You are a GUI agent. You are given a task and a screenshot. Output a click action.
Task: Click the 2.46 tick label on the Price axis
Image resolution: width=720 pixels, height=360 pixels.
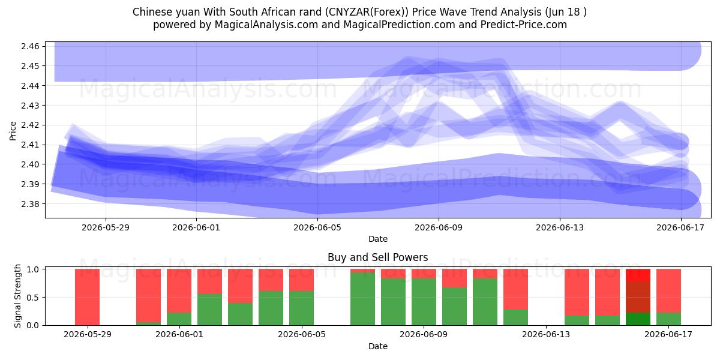(30, 46)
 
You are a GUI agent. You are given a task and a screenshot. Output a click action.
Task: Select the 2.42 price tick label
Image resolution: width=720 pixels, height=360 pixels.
(30, 125)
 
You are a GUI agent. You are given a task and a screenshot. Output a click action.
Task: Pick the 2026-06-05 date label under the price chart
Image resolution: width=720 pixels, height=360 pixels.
(317, 227)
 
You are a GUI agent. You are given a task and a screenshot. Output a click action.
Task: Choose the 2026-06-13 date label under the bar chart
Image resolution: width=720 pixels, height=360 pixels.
(546, 335)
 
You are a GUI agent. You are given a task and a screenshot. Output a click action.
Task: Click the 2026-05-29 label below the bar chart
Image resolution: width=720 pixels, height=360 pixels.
(88, 335)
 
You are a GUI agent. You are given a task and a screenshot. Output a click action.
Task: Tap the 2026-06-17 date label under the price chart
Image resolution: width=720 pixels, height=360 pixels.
(680, 227)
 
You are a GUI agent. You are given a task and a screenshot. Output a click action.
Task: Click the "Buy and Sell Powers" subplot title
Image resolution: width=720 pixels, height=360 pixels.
(377, 257)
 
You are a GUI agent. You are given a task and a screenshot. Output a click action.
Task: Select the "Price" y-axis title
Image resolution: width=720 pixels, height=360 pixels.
(13, 131)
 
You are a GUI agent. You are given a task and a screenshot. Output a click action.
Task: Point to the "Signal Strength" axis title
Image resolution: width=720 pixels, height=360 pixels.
(17, 296)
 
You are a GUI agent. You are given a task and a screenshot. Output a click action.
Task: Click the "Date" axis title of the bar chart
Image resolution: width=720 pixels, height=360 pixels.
(377, 346)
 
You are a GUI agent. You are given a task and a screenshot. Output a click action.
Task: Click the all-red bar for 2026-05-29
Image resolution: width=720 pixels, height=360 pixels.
(87, 297)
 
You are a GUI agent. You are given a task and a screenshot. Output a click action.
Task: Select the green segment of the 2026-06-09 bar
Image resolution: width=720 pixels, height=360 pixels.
(424, 302)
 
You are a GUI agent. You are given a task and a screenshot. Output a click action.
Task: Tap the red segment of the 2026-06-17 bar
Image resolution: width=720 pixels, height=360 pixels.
(668, 290)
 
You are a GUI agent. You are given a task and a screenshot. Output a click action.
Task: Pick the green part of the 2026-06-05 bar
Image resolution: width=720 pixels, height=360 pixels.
(301, 308)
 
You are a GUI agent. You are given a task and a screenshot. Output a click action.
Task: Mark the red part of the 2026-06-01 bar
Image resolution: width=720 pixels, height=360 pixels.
(179, 290)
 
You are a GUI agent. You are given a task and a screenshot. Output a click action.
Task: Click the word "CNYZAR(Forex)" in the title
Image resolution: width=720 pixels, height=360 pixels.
(367, 12)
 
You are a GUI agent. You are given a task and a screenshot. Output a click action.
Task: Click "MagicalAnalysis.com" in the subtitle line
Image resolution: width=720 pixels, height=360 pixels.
(266, 25)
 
